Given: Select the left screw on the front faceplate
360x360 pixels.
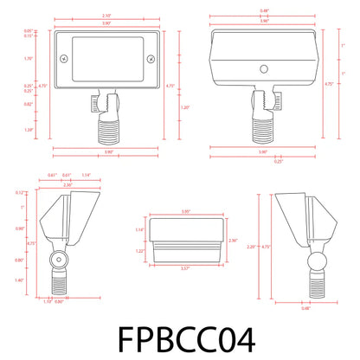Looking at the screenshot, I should (x=62, y=59).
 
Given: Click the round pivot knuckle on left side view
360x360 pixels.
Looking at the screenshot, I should (x=58, y=258).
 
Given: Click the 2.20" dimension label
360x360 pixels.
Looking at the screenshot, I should (x=251, y=247).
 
